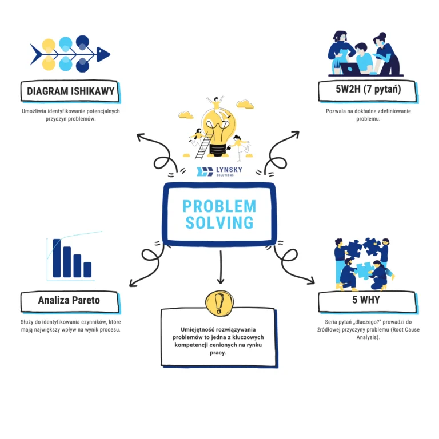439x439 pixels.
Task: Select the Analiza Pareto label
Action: (69, 300)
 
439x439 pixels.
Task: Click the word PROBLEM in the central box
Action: (219, 206)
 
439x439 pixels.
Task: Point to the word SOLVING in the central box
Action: (219, 223)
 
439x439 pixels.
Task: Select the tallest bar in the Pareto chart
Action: (57, 257)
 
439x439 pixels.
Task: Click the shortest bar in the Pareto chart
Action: (87, 269)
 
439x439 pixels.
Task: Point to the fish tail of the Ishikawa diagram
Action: (35, 55)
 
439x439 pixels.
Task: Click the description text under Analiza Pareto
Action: (70, 326)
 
